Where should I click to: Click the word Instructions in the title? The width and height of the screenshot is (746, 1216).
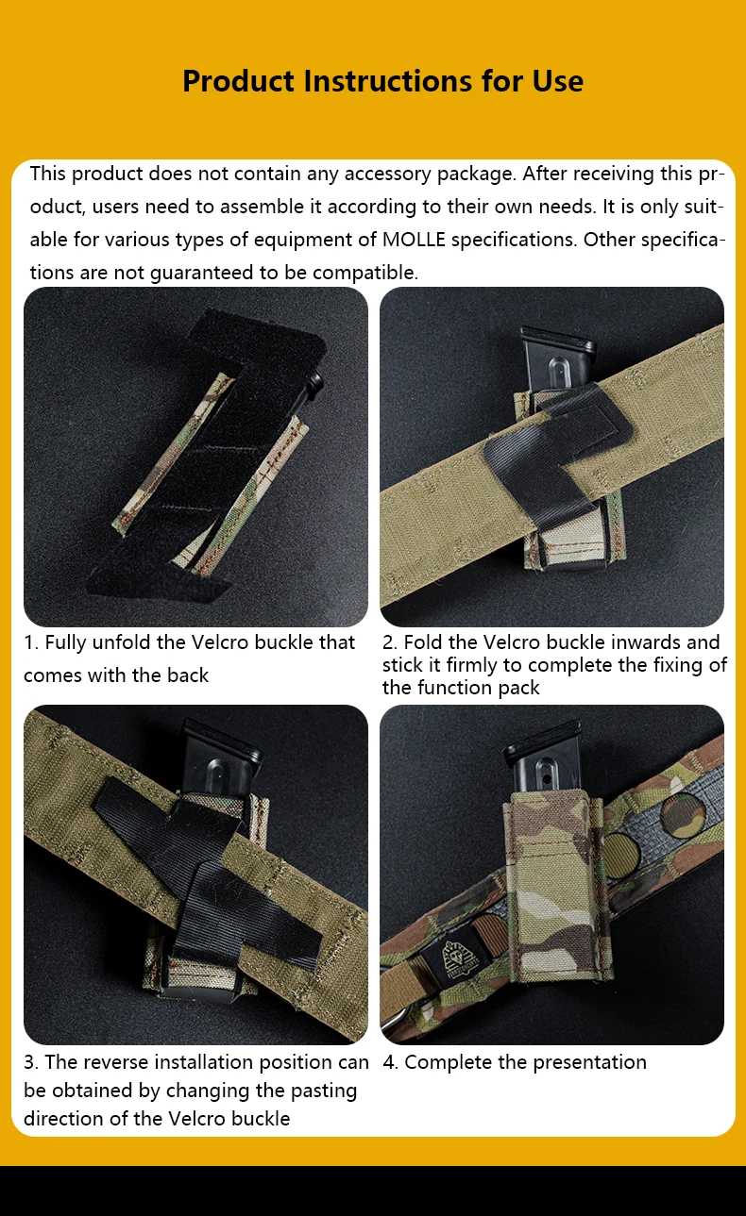[388, 81]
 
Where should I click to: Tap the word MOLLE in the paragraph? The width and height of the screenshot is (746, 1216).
[414, 240]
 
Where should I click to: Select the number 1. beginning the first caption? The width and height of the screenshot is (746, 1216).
[31, 642]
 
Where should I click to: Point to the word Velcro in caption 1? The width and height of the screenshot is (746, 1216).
[220, 642]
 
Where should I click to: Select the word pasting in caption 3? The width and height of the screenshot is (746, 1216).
[323, 1091]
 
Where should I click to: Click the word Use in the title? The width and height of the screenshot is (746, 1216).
[557, 81]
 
